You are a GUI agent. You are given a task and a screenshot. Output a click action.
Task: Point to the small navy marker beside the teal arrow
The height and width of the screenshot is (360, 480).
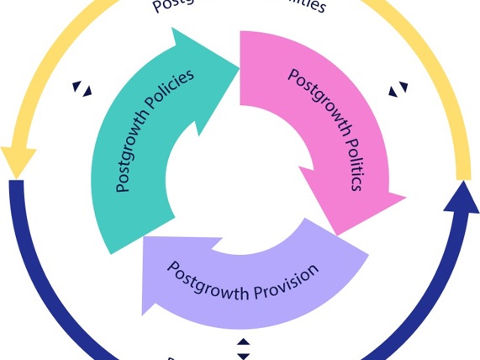pos(82,87)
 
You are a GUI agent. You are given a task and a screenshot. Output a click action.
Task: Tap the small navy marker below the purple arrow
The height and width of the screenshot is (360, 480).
pos(243,349)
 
